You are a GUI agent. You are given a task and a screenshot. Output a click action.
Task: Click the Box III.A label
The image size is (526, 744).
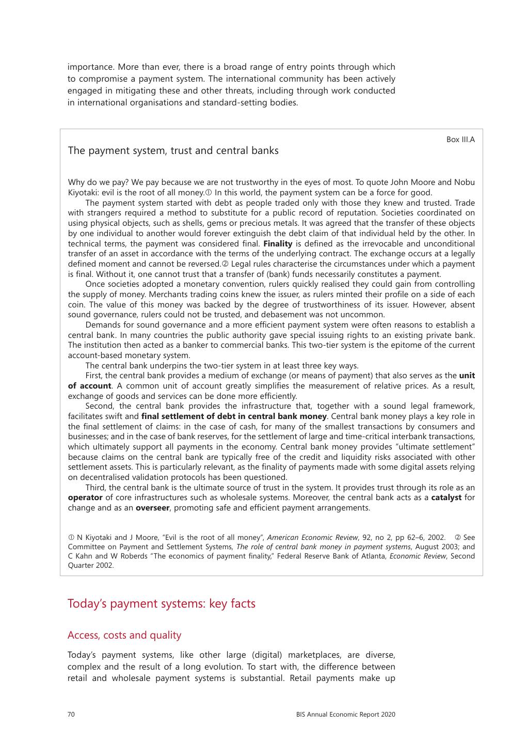(x=460, y=139)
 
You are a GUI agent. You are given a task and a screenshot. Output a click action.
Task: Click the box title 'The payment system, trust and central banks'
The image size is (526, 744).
(x=173, y=151)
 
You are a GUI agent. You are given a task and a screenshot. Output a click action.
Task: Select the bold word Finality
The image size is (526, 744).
(x=278, y=244)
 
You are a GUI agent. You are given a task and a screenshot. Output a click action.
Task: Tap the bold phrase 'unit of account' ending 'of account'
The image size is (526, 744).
(x=90, y=386)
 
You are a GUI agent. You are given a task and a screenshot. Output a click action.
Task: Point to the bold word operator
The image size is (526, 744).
(x=85, y=498)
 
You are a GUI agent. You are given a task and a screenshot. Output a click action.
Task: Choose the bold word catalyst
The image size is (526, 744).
(x=446, y=498)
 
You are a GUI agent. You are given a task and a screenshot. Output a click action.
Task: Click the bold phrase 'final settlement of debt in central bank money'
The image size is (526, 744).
(x=234, y=416)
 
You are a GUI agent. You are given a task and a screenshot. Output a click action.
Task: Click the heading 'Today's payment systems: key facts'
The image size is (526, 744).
(x=162, y=603)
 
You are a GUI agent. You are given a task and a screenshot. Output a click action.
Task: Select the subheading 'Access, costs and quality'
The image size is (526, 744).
(x=124, y=636)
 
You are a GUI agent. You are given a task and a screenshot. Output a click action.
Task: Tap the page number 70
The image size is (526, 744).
(x=71, y=715)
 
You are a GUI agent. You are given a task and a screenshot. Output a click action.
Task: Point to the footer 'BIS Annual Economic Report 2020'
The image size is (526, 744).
(x=346, y=715)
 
